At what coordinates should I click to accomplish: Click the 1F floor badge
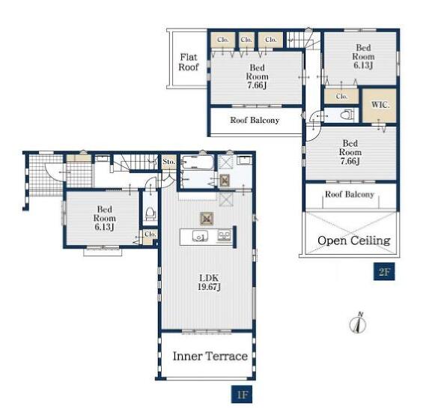(241, 395)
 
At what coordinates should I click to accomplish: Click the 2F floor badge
(384, 271)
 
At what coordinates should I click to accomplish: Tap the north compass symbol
(358, 323)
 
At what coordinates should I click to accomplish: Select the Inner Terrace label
(210, 356)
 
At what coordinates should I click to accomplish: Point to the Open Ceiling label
(353, 240)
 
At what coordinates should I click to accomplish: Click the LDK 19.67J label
(209, 282)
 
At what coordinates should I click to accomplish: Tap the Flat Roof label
(189, 62)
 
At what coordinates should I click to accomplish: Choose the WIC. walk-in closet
(380, 105)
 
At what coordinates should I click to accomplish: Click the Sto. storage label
(168, 162)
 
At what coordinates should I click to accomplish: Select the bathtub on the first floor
(198, 163)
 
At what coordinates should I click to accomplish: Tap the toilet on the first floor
(150, 213)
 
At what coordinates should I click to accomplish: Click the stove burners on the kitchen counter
(224, 236)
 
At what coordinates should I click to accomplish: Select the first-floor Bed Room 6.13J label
(104, 218)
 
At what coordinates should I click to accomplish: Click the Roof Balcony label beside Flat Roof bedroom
(255, 121)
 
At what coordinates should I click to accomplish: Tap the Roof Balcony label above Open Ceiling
(350, 195)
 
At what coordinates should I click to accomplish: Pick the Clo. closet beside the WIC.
(341, 97)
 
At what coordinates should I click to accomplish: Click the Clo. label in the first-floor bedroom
(150, 234)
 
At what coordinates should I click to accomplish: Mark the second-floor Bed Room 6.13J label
(363, 56)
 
